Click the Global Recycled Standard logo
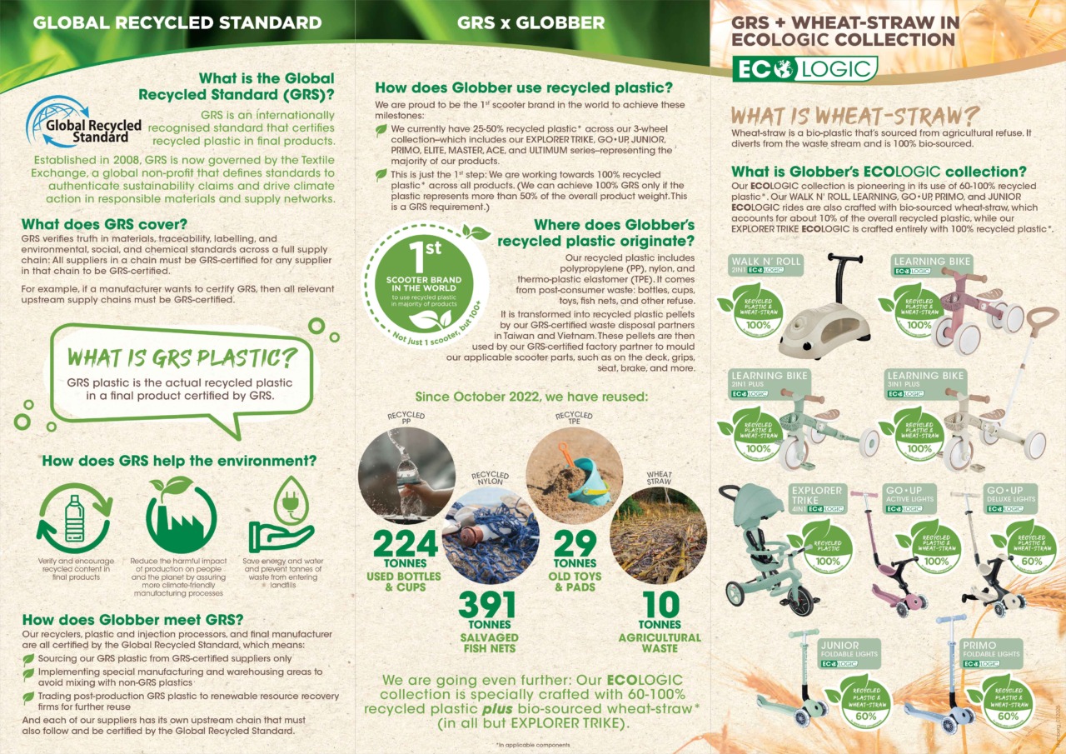[83, 122]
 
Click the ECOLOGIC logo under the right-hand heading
[804, 68]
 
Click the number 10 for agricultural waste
[660, 605]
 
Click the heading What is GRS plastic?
[182, 357]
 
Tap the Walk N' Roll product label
[765, 265]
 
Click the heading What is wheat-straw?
[854, 115]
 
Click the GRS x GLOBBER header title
[531, 22]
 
